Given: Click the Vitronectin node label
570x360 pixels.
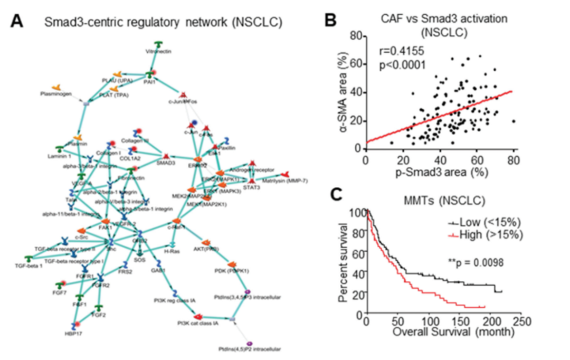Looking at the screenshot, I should coord(158,51).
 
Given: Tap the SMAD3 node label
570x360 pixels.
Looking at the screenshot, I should coord(165,164).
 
